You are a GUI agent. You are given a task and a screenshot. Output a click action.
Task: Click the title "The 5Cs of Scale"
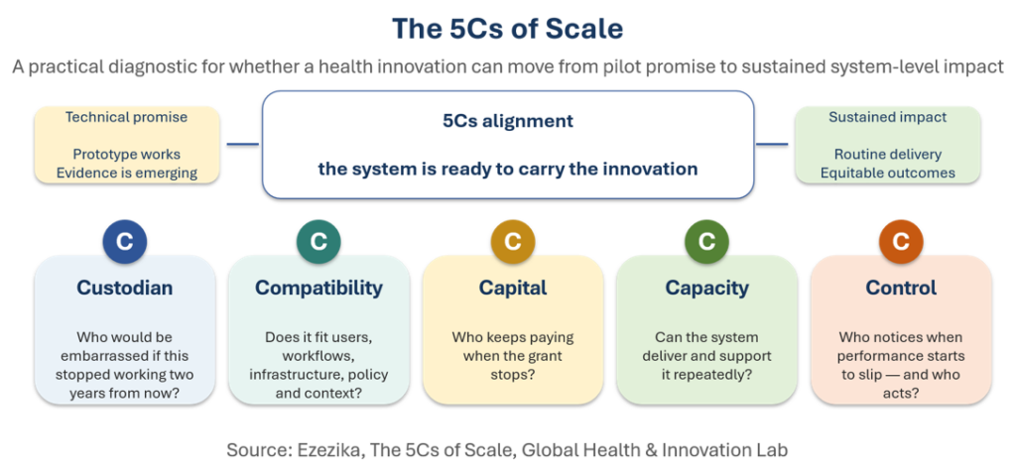coord(507,29)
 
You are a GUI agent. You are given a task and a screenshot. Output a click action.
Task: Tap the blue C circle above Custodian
coord(125,242)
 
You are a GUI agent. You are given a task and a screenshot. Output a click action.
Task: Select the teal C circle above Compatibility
coord(318,242)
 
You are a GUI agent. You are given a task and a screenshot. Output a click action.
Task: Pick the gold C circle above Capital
coord(513,242)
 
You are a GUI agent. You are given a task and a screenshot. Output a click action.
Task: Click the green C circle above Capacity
coord(706,242)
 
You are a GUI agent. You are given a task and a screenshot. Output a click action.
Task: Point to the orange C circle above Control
coord(901,242)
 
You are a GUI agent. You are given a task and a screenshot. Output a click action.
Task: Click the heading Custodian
coord(125,288)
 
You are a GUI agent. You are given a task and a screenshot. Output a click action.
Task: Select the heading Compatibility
coord(318,289)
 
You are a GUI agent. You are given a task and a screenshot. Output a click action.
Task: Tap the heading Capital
coord(513,289)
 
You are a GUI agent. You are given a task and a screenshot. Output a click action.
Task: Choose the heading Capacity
coord(706,289)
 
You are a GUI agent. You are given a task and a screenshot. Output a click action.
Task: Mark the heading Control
coord(901,288)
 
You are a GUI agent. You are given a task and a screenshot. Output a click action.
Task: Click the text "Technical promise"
coord(126,117)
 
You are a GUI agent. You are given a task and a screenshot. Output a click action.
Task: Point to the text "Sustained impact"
coord(888,117)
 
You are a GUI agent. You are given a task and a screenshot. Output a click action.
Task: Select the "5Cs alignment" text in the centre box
coord(508,121)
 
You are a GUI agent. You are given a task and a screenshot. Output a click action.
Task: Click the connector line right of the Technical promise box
coord(243,145)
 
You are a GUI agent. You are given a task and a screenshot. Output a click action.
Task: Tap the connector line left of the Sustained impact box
coord(772,145)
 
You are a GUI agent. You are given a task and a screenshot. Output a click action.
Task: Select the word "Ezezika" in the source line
coord(329,450)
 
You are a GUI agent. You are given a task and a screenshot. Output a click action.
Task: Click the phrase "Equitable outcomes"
coord(888,173)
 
